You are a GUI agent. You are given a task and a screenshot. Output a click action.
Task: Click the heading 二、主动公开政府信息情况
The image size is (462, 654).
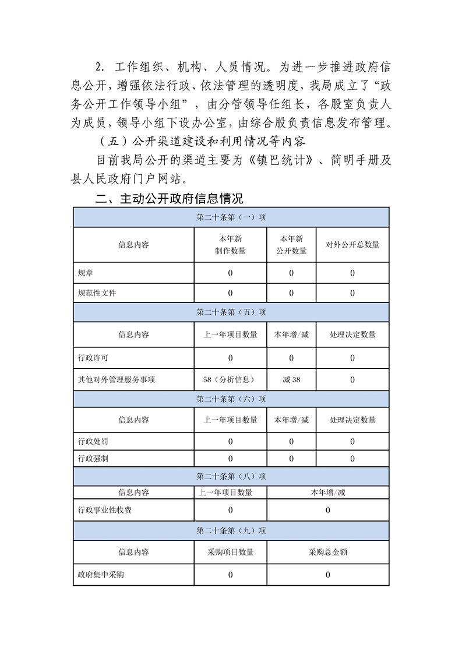click(169, 199)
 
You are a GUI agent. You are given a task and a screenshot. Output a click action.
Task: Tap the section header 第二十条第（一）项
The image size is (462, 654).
click(231, 217)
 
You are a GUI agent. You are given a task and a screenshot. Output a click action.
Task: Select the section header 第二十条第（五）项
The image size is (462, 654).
click(231, 312)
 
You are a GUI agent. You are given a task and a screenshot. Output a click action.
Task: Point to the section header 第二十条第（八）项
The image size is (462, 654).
click(231, 476)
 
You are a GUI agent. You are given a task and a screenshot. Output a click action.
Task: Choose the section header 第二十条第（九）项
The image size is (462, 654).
click(231, 531)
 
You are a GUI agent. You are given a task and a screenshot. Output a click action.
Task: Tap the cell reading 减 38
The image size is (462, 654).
click(291, 379)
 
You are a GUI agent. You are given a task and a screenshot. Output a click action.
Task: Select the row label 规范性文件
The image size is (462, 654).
click(97, 293)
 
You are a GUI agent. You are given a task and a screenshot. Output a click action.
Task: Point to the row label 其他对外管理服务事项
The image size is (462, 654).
click(117, 379)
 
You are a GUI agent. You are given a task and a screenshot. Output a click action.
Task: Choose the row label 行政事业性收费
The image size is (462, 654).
click(104, 510)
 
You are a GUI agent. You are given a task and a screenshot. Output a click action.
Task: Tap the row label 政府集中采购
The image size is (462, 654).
click(101, 575)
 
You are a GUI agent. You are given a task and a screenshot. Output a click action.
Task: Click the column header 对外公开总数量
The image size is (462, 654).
click(352, 245)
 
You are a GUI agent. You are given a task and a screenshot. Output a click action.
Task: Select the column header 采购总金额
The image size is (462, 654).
click(328, 552)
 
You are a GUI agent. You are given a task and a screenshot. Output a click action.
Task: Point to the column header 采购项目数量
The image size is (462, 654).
click(230, 552)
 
